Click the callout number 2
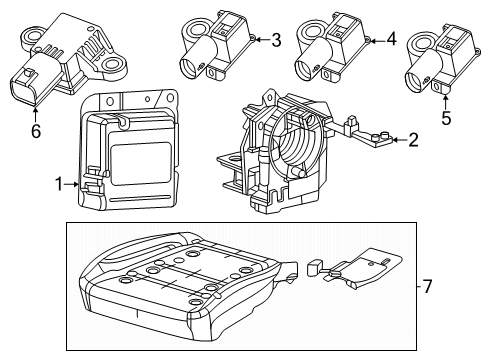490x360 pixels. coord(412,140)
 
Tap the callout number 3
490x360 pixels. coord(276,40)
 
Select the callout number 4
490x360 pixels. coord(391,40)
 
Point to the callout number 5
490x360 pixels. coord(446,117)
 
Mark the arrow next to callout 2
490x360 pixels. coord(397,140)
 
